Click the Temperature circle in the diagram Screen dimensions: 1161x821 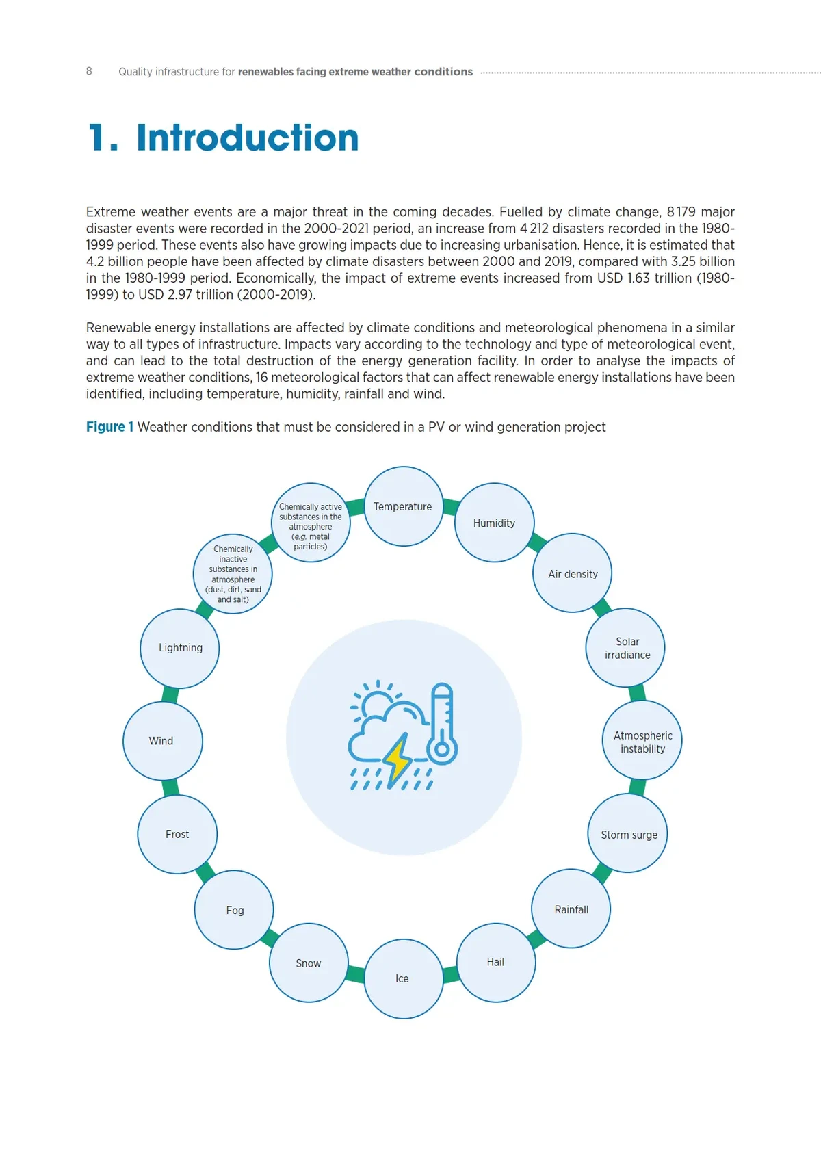403,506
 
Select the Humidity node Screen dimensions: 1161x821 494,523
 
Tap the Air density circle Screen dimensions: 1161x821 573,573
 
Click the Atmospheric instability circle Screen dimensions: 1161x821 642,740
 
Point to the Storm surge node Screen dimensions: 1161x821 628,833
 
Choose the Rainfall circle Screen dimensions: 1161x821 571,909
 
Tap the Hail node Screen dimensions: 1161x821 495,962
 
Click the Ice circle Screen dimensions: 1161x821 403,978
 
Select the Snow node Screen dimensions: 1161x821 309,963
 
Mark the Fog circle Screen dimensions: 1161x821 234,910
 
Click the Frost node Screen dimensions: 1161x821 177,834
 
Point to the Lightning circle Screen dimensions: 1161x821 180,648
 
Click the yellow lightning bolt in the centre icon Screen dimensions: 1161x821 397,759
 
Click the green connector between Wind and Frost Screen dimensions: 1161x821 170,787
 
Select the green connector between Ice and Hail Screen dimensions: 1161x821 450,974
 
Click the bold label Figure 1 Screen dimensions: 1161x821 109,427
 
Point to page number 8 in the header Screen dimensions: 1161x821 89,71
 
